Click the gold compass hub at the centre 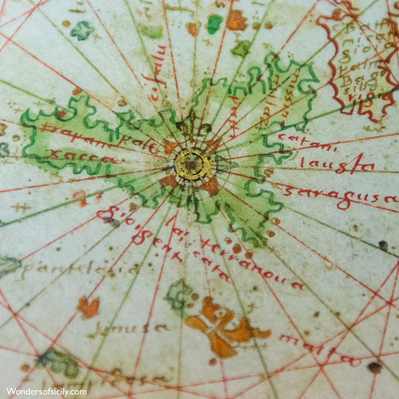tap(192, 164)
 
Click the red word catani tap(307, 142)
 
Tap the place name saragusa tap(340, 198)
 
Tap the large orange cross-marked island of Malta tap(225, 327)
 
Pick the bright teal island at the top tap(214, 24)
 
